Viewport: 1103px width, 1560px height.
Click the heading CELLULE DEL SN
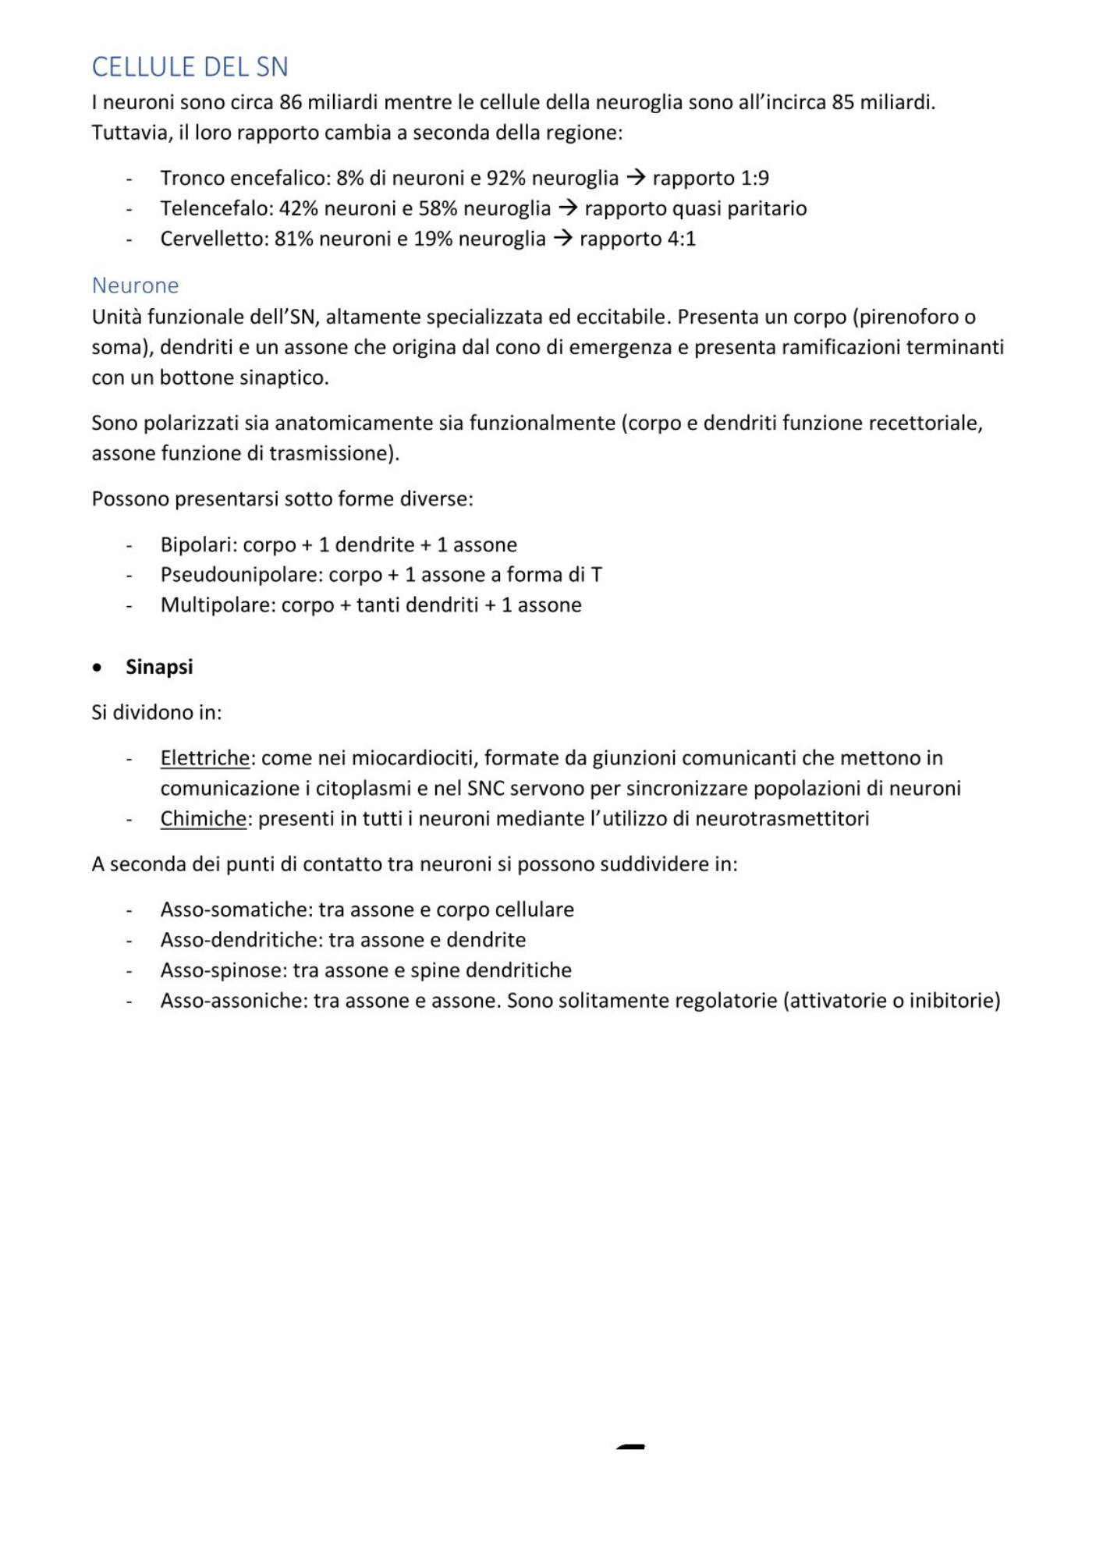(190, 67)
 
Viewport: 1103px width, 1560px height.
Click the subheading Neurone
(135, 285)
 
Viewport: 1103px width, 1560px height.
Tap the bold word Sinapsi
(159, 667)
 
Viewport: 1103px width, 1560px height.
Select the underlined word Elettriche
(204, 758)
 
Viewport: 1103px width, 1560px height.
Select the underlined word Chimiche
(203, 819)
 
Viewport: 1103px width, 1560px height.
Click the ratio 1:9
(754, 179)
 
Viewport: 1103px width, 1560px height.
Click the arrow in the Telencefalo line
(567, 208)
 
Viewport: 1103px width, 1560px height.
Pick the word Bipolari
(198, 544)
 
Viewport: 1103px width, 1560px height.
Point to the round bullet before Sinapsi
(97, 668)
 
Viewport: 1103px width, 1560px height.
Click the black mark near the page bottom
(630, 1447)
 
